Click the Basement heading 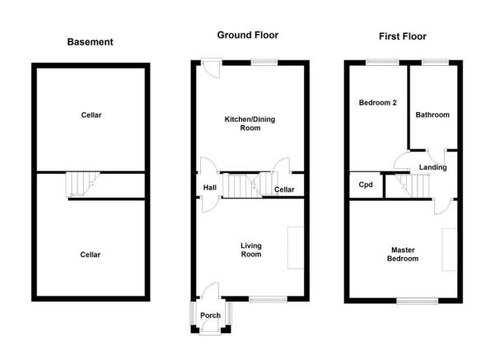coord(90,42)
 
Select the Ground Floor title coord(248,35)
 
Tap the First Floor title coord(403,36)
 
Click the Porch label coord(211,316)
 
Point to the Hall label coord(210,188)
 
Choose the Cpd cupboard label coord(366,185)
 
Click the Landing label coord(432,167)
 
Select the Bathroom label coord(432,115)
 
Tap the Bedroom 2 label coord(377,103)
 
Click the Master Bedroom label coord(403,255)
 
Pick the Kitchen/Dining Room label coord(250,124)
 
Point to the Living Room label coord(251,250)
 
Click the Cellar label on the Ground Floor coord(284,189)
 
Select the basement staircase coord(82,184)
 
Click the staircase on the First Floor coord(413,186)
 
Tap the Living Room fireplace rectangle coord(296,248)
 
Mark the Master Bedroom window coord(418,301)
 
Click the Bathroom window coord(435,63)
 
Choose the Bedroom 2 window coord(382,63)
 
